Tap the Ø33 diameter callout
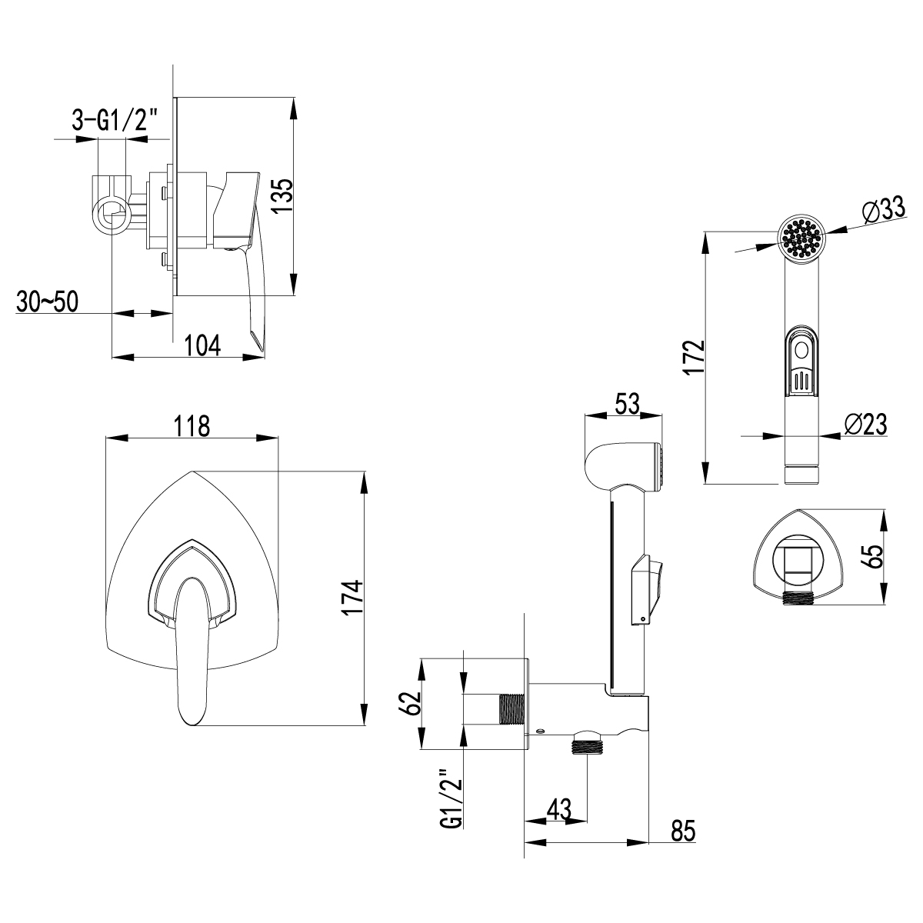tap(881, 210)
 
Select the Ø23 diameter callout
tap(865, 423)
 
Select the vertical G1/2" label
tap(452, 799)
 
